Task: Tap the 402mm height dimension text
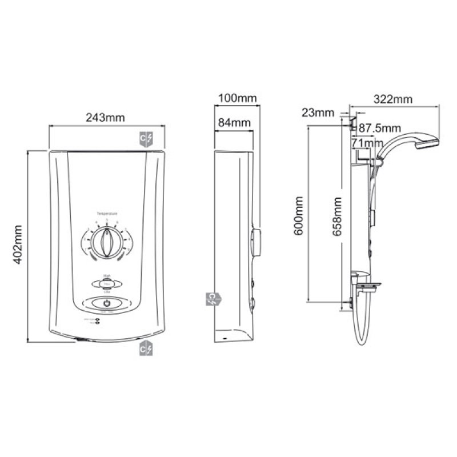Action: pos(18,246)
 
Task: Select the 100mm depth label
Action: pos(237,98)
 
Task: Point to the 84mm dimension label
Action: pos(234,122)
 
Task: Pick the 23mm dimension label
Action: pos(317,113)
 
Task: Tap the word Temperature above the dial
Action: pos(107,213)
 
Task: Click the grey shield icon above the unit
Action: pos(147,138)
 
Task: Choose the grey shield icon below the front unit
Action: pos(147,348)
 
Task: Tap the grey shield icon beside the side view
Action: pos(212,299)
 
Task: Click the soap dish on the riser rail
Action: pos(366,280)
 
